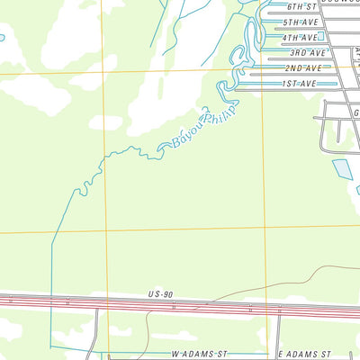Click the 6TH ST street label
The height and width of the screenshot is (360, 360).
[x=300, y=5]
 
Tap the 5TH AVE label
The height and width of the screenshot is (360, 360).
[x=300, y=22]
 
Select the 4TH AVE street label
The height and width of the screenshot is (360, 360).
[x=300, y=38]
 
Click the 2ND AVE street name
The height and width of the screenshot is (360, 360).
[x=302, y=68]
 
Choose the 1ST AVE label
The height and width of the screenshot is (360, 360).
[x=299, y=84]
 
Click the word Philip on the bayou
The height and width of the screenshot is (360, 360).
[x=220, y=114]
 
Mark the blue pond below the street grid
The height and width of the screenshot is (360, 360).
[x=342, y=168]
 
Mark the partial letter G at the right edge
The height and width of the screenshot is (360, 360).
[x=355, y=113]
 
